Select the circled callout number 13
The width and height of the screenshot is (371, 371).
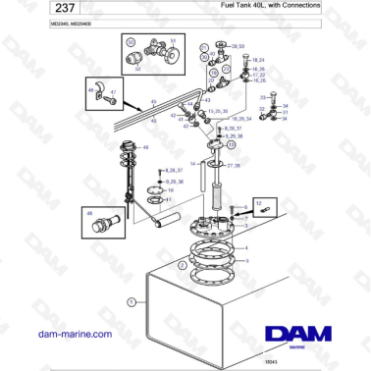(x=231, y=144)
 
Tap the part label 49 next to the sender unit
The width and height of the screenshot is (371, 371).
(x=146, y=147)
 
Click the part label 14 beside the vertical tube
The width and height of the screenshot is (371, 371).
(x=194, y=162)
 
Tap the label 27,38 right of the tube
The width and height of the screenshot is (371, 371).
(x=234, y=165)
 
